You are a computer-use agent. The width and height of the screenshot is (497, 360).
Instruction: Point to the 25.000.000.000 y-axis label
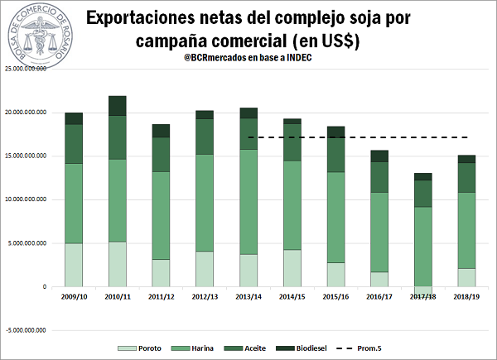25,70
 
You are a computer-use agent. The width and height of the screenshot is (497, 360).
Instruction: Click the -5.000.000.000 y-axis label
25,330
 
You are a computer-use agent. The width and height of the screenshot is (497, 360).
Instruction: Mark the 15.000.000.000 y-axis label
25,156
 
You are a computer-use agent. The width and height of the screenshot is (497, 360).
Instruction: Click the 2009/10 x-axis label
74,296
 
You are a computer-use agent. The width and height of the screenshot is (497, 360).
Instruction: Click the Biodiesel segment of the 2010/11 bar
116,106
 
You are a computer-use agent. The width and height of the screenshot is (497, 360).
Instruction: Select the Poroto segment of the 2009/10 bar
74,265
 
